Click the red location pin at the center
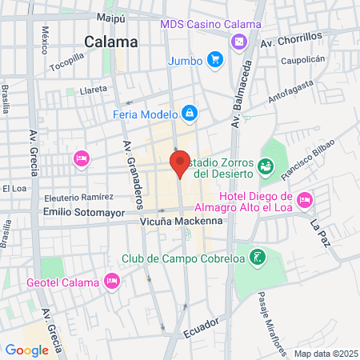coord(180,163)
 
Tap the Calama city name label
coord(111,42)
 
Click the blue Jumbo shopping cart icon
coord(214,59)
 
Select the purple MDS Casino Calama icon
coord(238,41)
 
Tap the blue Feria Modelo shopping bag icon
coord(189,114)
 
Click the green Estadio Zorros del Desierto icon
coord(266,166)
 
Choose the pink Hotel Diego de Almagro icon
coord(304,198)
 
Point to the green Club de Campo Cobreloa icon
coord(257,258)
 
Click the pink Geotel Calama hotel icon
coord(112,281)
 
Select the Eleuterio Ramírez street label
coord(74,197)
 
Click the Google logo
coord(26,350)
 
